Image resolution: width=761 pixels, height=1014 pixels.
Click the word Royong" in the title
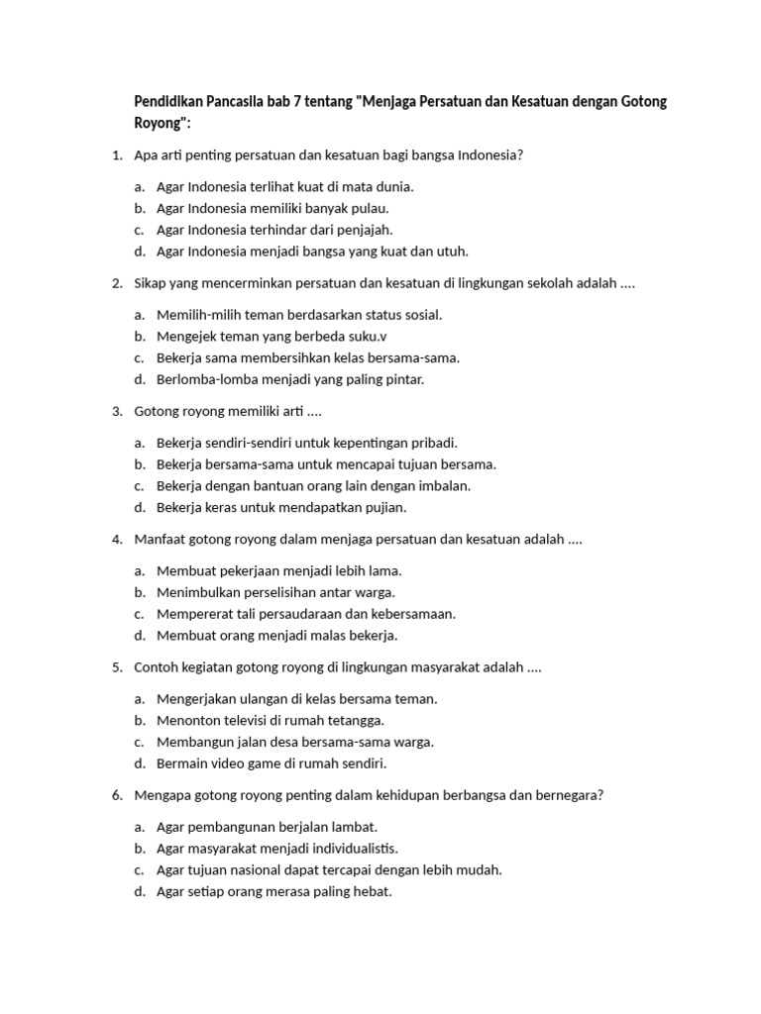(x=161, y=123)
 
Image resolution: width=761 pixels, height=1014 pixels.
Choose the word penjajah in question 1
(x=366, y=230)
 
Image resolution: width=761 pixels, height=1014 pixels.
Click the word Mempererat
(x=195, y=614)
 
